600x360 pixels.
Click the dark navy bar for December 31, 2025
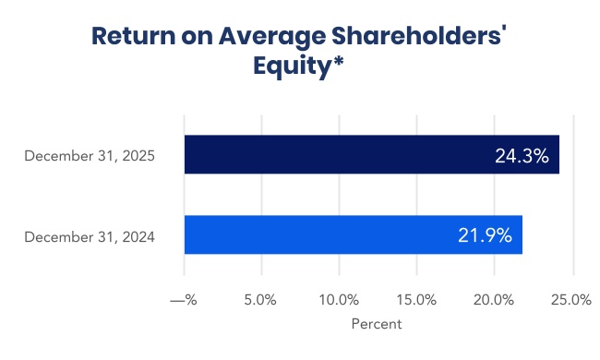[369, 155]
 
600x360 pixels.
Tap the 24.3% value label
[522, 156]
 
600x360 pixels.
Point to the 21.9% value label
[485, 235]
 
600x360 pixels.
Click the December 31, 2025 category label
[90, 156]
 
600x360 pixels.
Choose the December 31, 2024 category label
[90, 236]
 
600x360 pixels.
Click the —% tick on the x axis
[185, 300]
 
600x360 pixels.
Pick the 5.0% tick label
[261, 300]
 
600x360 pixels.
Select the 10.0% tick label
[339, 300]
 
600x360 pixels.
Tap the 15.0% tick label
[416, 300]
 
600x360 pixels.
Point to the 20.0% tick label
[494, 300]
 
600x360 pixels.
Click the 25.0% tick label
[571, 300]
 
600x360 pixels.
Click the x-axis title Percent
[377, 324]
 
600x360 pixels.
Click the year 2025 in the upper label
[138, 156]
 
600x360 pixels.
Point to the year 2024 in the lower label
[138, 236]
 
